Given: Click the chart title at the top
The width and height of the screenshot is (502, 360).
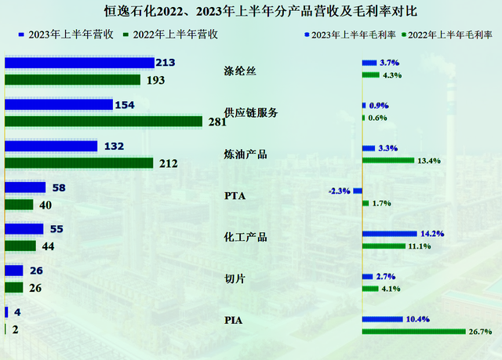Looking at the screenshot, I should (x=250, y=12).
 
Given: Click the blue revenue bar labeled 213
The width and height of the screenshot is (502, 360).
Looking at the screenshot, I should (x=79, y=63).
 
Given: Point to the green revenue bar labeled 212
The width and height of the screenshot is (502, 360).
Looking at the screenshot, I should (x=79, y=163).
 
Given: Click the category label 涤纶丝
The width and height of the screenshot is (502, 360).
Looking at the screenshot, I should (x=240, y=72).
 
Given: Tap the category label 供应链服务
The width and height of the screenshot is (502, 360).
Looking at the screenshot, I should (x=251, y=113).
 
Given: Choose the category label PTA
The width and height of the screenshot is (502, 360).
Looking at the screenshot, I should (x=235, y=195).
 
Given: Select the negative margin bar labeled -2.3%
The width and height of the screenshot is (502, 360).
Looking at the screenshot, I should (x=357, y=191).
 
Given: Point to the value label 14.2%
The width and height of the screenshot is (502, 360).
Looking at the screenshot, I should (x=432, y=234).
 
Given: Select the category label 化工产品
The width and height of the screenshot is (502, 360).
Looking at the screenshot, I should (x=246, y=236).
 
